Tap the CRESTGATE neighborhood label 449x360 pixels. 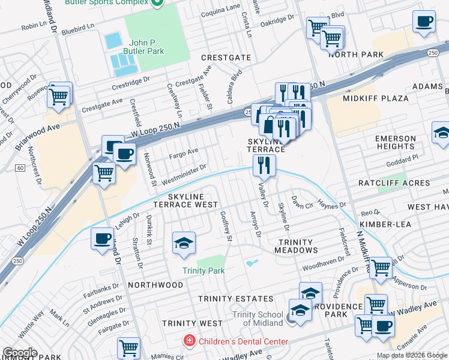click(x=225, y=58)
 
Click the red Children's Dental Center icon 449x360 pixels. click(x=190, y=341)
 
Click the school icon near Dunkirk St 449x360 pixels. click(x=184, y=242)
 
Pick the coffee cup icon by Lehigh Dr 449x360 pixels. click(x=101, y=238)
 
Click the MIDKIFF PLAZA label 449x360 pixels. click(x=375, y=98)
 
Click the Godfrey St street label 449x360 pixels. click(x=226, y=226)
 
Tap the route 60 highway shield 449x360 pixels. click(x=20, y=167)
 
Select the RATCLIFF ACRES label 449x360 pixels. click(x=394, y=183)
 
